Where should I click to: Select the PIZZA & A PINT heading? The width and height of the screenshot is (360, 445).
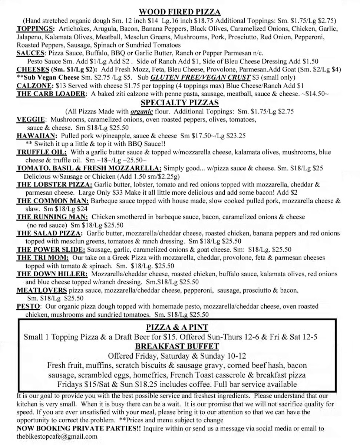pos(177,327)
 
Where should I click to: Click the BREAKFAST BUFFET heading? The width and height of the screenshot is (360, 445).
pos(177,346)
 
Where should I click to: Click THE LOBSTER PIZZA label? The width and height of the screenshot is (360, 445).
pos(55,184)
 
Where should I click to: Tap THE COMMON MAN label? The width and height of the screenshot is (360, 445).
pos(52,201)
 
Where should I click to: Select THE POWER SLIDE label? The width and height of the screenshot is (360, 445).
pos(51,249)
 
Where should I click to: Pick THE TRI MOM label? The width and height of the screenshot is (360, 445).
pos(43,257)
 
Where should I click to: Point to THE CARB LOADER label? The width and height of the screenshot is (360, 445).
pos(51,94)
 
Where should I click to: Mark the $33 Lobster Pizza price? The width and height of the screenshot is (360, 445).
pos(117,193)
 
